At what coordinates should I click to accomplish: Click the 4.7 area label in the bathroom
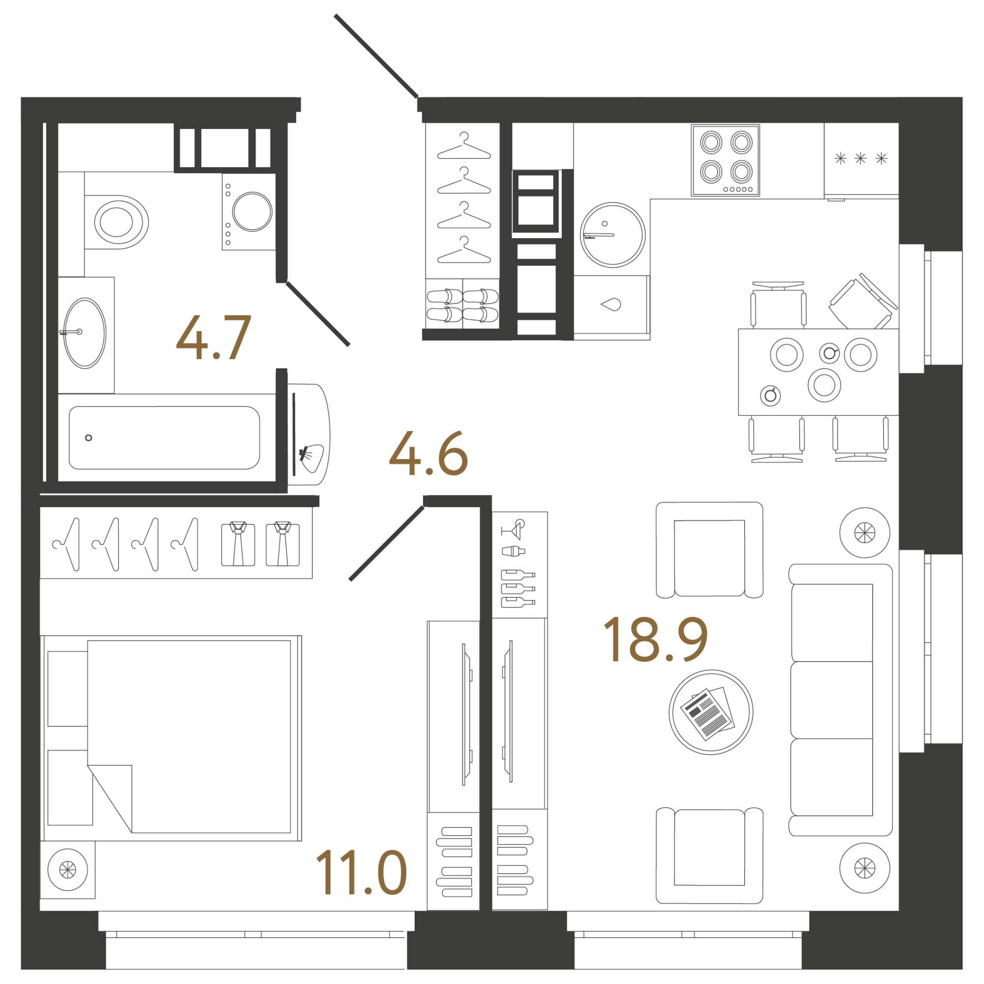click(214, 337)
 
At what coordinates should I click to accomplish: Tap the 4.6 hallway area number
click(429, 453)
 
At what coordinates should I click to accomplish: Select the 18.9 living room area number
click(655, 639)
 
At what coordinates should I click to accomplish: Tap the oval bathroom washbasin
click(85, 333)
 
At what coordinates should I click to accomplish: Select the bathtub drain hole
click(89, 438)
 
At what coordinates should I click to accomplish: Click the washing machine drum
click(252, 212)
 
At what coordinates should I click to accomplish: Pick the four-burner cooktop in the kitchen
click(725, 160)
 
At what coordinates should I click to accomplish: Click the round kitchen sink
click(613, 235)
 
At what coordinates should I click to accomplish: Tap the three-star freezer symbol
click(861, 158)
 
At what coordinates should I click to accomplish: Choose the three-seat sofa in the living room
click(840, 700)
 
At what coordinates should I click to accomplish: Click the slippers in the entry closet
click(462, 305)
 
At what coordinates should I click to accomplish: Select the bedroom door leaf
click(387, 544)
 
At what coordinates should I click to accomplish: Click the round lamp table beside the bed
click(68, 870)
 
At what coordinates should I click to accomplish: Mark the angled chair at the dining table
click(863, 302)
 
